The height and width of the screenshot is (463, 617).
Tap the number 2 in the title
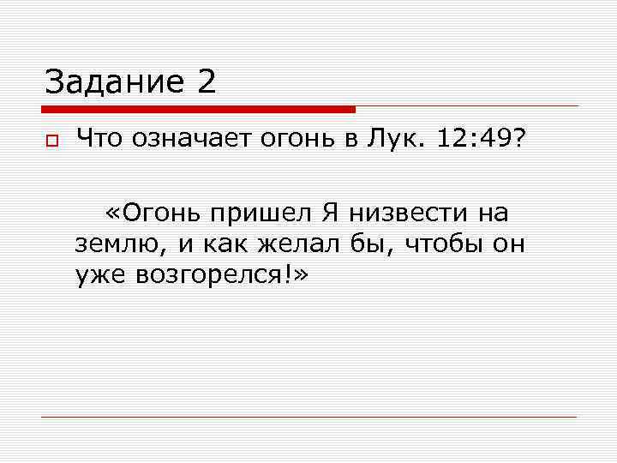tap(206, 83)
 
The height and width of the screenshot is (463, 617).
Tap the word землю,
tap(120, 244)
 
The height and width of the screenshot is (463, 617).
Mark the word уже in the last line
tap(98, 276)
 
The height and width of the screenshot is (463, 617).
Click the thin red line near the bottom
tap(308, 417)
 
